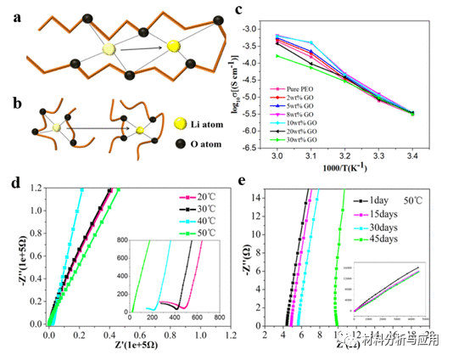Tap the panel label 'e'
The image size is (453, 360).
pyautogui.click(x=243, y=181)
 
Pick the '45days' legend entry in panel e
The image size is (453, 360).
pyautogui.click(x=377, y=236)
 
